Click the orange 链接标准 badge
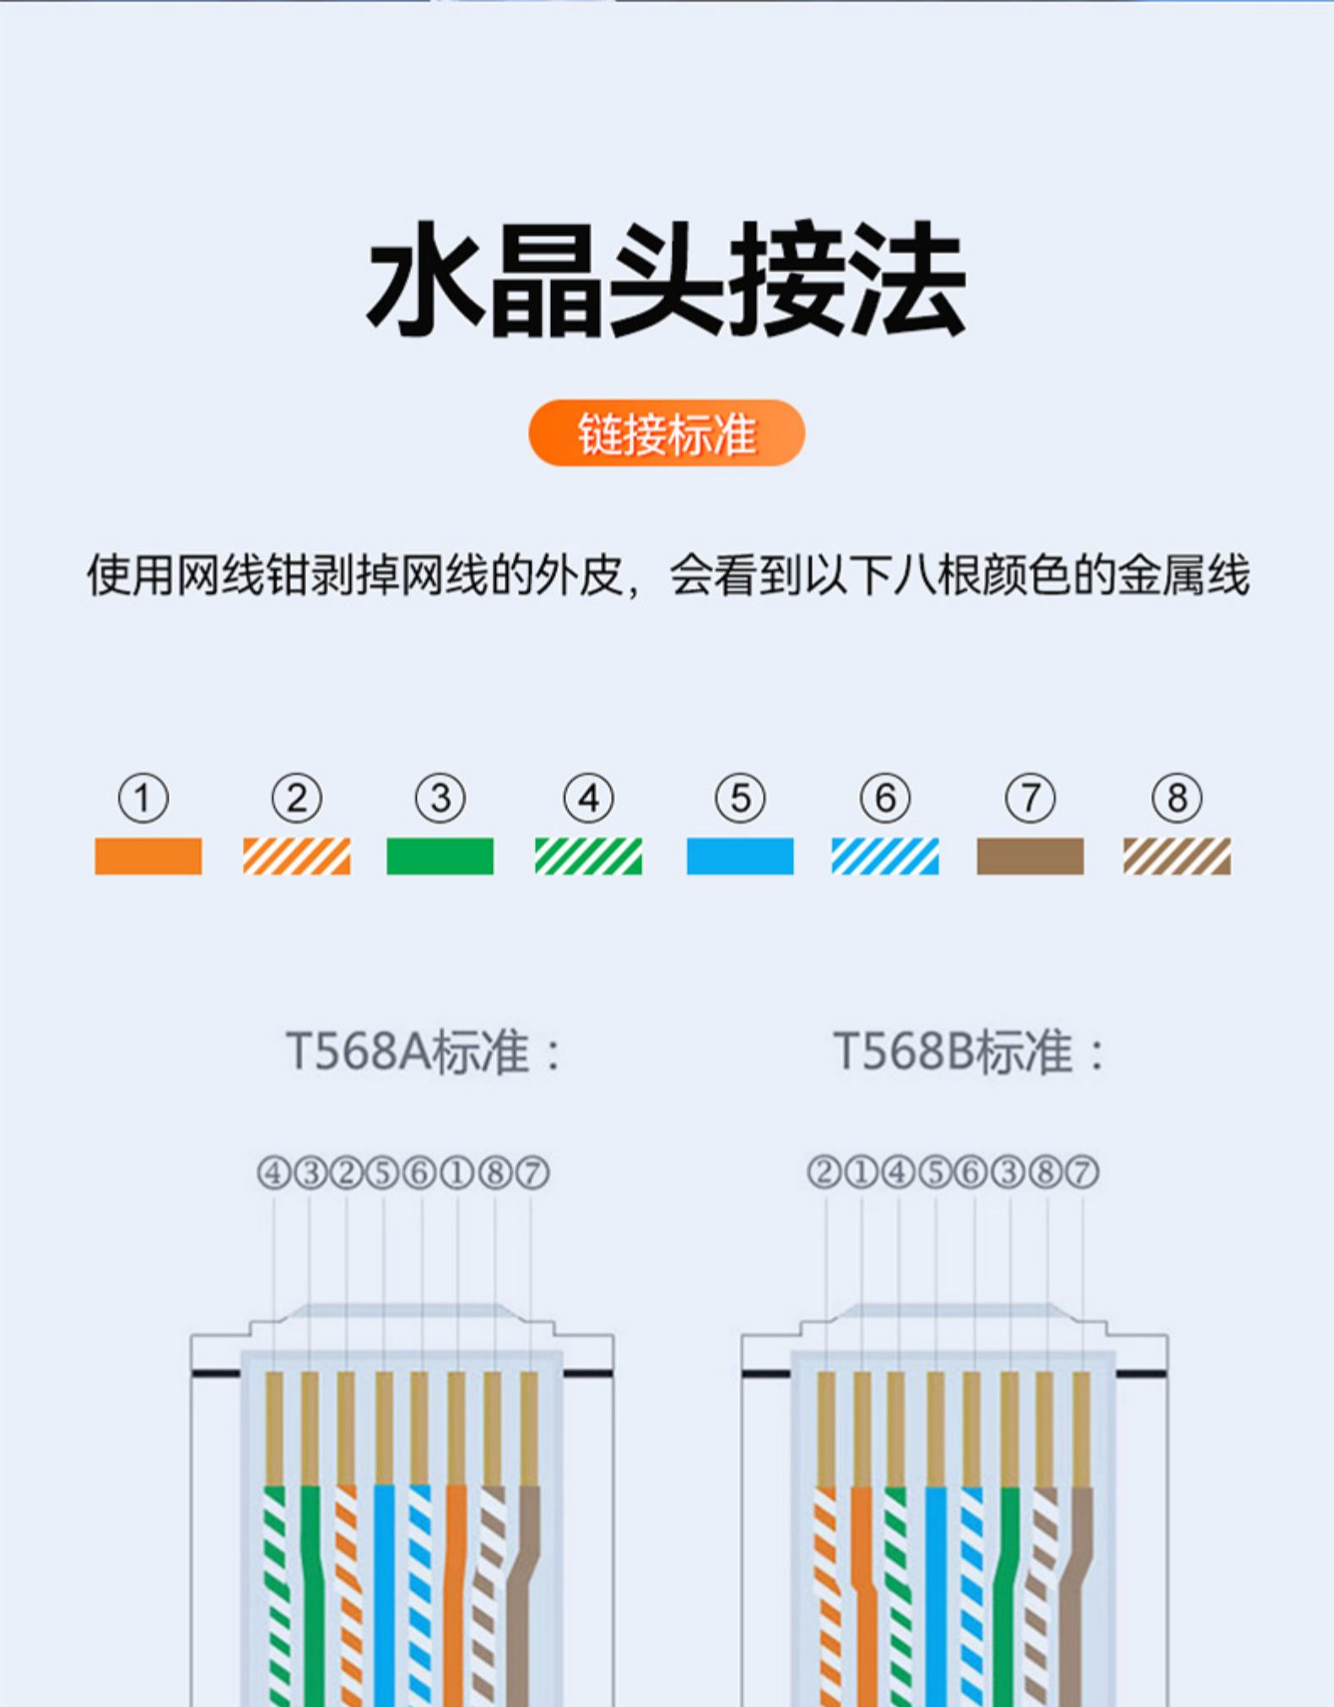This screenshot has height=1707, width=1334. tap(667, 433)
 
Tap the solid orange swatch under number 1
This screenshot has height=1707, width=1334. tap(149, 856)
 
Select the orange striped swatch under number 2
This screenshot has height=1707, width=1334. tap(296, 856)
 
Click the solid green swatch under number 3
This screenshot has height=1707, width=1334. tap(440, 856)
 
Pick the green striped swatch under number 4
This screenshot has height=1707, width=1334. tap(588, 856)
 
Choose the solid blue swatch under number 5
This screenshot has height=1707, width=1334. tap(740, 856)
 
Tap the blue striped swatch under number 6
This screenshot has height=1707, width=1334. tap(884, 856)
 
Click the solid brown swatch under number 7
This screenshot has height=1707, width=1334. tap(1030, 856)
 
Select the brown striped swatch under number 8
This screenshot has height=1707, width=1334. tap(1176, 856)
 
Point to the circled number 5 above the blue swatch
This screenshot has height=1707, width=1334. tap(740, 798)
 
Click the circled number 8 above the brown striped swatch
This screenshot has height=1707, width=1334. tap(1176, 798)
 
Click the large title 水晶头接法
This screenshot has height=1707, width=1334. tap(667, 279)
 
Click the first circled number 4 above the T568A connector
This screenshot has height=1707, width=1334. tap(273, 1173)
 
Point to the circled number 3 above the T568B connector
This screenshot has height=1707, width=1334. tap(1007, 1172)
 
